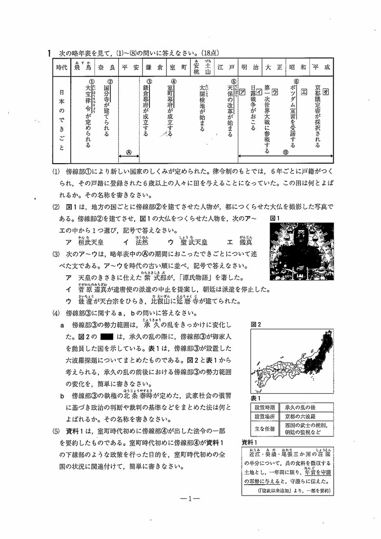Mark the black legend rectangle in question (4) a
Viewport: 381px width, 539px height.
coord(106,337)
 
